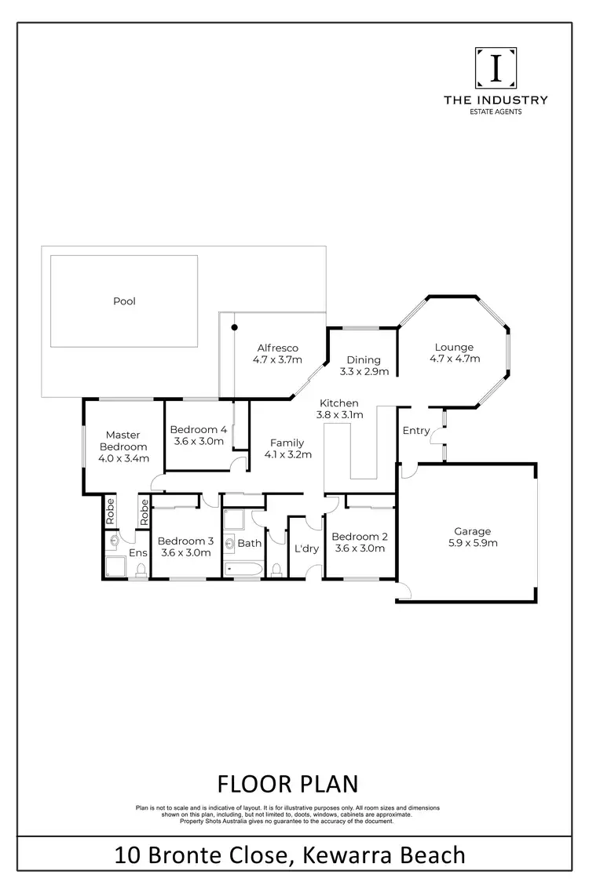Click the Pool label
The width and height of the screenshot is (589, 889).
coord(124,301)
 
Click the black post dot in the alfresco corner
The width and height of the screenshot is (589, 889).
coord(234,326)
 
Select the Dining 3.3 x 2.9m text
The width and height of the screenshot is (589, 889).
coord(364,366)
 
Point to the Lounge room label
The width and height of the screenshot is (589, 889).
coord(455,353)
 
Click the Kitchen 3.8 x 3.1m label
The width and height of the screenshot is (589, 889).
coord(338,409)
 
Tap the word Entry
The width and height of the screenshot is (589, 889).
coord(415,431)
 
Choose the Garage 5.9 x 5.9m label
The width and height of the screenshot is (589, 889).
coord(471,537)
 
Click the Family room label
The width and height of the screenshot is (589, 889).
coord(288,448)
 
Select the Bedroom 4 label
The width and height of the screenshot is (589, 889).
coord(199,435)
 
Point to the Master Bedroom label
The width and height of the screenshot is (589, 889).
coord(123,446)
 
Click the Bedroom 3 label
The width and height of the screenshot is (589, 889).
coord(185,546)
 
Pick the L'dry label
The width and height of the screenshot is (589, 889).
coord(305,548)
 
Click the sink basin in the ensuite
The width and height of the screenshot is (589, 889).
coord(115,541)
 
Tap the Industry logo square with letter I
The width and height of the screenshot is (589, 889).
coord(496,69)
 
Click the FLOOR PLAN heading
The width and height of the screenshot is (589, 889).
coord(287,783)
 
